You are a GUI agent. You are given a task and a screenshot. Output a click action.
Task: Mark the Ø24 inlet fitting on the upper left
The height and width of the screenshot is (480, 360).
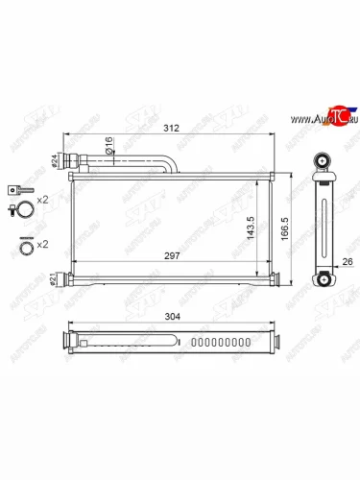[68, 160]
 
